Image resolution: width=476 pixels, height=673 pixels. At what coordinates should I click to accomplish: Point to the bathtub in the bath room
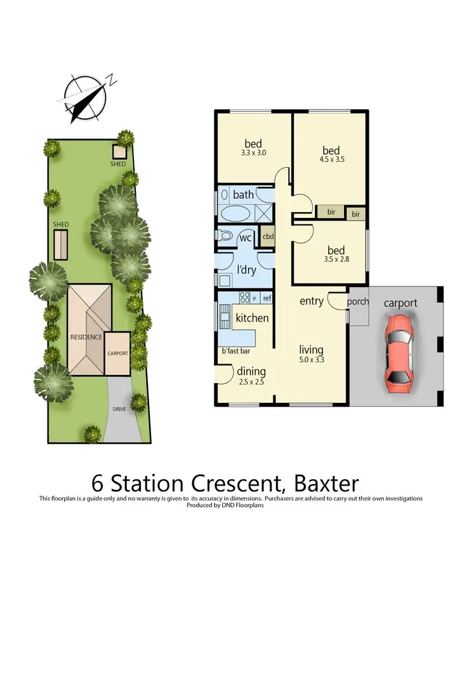(235, 212)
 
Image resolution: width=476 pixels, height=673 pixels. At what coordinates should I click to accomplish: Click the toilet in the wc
(225, 236)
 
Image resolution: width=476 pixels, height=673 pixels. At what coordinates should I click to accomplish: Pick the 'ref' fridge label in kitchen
(267, 297)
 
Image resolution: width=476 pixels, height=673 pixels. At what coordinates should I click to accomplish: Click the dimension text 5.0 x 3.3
(312, 360)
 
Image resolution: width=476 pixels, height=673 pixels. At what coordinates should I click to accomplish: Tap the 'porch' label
(358, 301)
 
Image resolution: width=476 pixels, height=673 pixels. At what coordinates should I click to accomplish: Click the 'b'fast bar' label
(235, 350)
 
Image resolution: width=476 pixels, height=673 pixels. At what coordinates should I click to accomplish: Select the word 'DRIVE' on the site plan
(119, 409)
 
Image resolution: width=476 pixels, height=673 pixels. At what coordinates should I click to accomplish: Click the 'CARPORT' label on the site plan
(117, 353)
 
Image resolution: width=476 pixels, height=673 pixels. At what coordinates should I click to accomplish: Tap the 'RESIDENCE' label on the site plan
(86, 337)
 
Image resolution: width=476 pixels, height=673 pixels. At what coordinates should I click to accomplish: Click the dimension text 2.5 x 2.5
(251, 383)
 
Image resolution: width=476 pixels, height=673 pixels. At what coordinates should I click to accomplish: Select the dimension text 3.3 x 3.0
(253, 154)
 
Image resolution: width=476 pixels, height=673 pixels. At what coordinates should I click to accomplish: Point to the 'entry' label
(312, 301)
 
